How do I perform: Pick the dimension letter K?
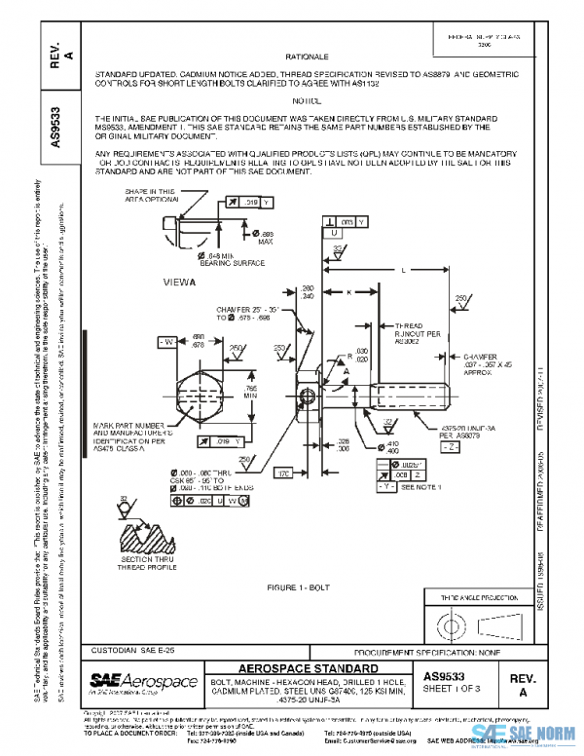click(347, 291)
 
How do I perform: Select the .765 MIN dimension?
click(250, 393)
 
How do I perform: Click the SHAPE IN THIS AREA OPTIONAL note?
click(150, 197)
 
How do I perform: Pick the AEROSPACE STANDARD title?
click(307, 668)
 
